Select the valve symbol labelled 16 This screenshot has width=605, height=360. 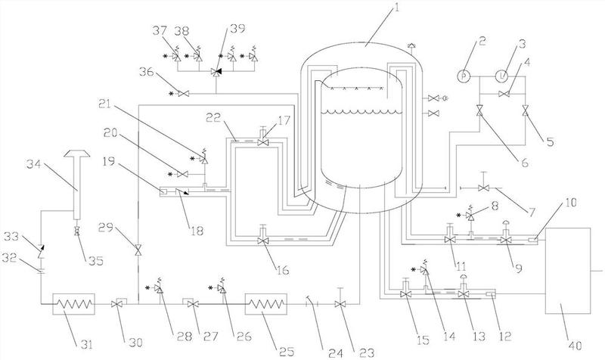tap(262, 241)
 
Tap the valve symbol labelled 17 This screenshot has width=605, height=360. tap(262, 142)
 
